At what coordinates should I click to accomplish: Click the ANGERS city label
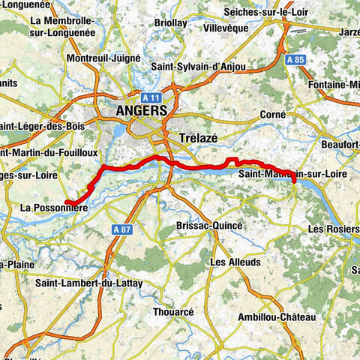coord(141,111)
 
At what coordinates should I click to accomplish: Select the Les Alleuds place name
coord(235,262)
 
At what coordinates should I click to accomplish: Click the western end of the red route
coord(66,201)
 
